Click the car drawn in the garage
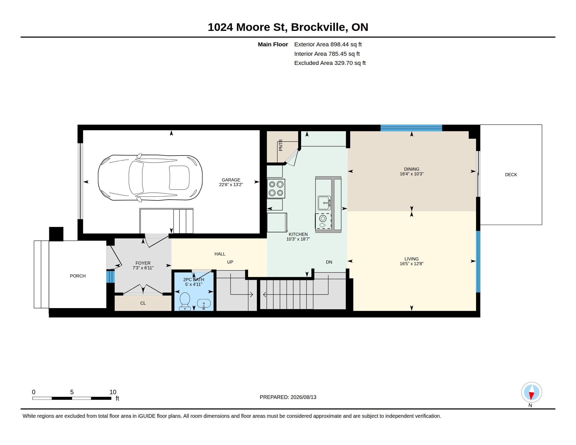[x=150, y=178]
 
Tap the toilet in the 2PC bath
[x=185, y=301]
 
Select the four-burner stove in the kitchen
[x=276, y=188]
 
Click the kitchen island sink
[x=324, y=203]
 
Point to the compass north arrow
[x=531, y=392]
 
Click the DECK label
[x=511, y=175]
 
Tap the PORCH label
[x=78, y=276]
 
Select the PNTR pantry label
[x=281, y=145]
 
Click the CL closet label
[x=143, y=303]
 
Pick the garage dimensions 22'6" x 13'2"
[x=231, y=185]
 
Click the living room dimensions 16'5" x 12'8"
[x=411, y=263]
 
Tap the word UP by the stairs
[x=230, y=262]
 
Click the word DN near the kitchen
[x=329, y=262]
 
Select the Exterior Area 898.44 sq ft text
[x=328, y=44]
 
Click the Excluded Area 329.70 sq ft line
[x=330, y=63]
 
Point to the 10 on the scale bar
[x=113, y=392]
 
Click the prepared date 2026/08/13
[x=303, y=397]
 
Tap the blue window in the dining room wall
[x=411, y=128]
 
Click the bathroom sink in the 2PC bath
[x=204, y=304]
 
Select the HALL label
[x=220, y=254]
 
